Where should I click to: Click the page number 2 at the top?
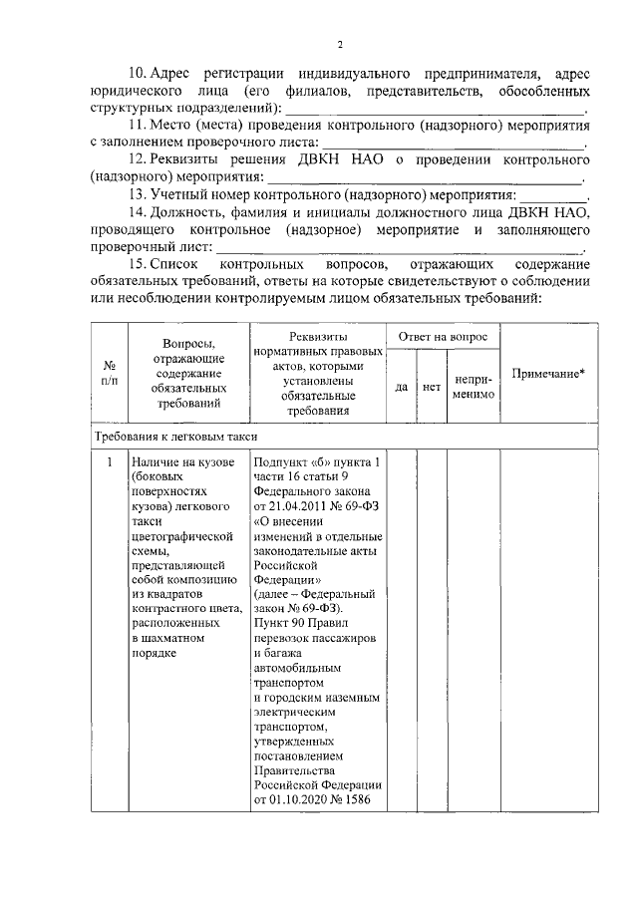pyautogui.click(x=339, y=44)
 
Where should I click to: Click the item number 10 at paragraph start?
pyautogui.click(x=139, y=74)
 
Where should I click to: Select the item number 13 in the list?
pyautogui.click(x=139, y=194)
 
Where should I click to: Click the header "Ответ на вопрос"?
pyautogui.click(x=443, y=338)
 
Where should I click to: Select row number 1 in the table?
pyautogui.click(x=108, y=462)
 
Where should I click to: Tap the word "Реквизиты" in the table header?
pyautogui.click(x=317, y=339)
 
